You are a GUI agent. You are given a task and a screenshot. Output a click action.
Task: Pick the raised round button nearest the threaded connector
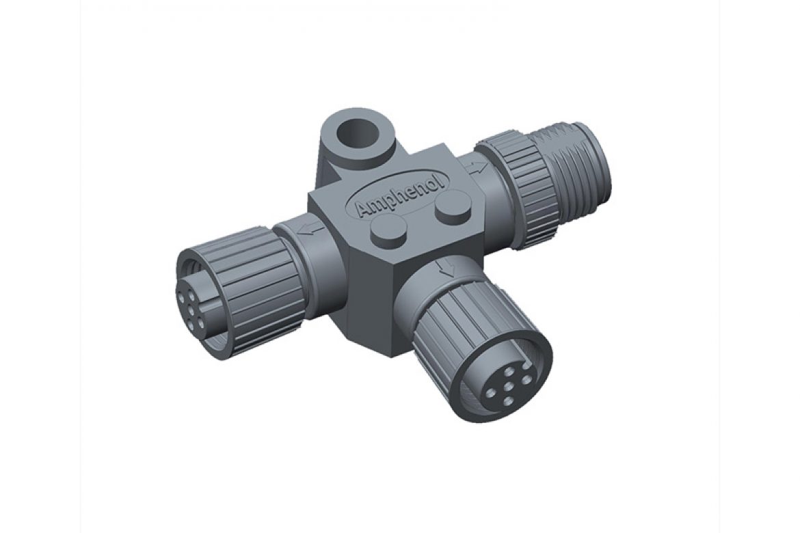click(453, 209)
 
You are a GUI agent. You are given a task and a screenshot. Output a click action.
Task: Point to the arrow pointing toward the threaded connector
click(471, 167)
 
